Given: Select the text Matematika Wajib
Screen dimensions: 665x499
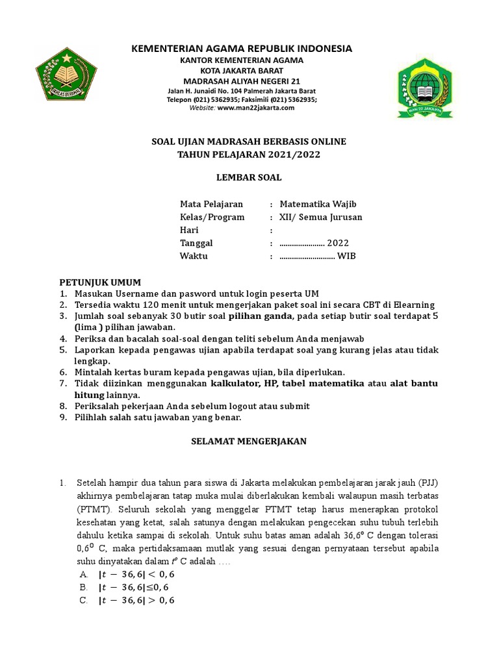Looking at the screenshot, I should click(318, 204).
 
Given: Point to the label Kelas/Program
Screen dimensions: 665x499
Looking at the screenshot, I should click(212, 217).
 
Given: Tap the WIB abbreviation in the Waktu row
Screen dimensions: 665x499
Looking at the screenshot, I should click(346, 256).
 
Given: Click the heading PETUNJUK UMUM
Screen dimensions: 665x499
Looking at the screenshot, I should click(100, 282).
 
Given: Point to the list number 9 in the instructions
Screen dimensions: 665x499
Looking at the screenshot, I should click(63, 418).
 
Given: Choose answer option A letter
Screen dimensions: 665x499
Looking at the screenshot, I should click(84, 575).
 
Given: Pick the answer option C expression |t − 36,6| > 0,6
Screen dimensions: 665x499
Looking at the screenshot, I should click(136, 601).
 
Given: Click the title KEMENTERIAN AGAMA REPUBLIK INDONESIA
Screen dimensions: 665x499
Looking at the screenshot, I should click(242, 49).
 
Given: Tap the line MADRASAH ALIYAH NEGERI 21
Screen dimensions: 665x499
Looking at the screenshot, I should click(242, 81).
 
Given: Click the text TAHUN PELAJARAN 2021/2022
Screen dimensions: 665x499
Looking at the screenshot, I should click(249, 155).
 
